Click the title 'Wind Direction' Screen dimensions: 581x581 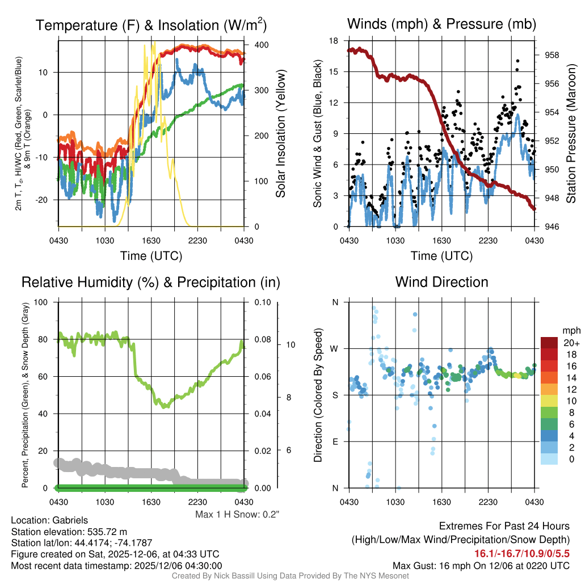(x=441, y=282)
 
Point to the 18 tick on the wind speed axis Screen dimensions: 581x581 (x=334, y=41)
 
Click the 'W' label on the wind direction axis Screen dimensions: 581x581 (x=335, y=348)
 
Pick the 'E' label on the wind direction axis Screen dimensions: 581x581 (x=335, y=441)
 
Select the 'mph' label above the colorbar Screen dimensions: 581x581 (x=570, y=330)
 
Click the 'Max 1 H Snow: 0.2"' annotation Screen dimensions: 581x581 (x=237, y=515)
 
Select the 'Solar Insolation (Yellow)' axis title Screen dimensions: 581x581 (x=280, y=133)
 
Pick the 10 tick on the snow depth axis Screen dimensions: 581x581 (x=288, y=344)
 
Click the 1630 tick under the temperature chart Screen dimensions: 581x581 (x=151, y=241)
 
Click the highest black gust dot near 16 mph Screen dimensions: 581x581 (x=517, y=61)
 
